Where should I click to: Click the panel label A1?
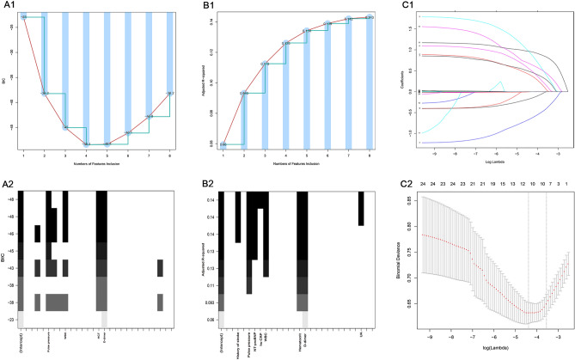tap(9, 6)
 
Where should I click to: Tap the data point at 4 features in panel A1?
tap(86, 143)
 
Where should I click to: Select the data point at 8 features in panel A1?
tap(170, 93)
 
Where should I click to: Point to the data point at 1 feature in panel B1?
tap(223, 144)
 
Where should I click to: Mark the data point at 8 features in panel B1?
tap(370, 16)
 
